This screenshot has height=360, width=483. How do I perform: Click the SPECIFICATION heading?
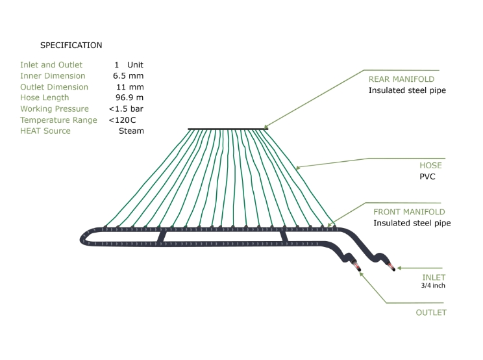pyautogui.click(x=71, y=45)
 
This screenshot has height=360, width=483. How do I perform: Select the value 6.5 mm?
pyautogui.click(x=128, y=76)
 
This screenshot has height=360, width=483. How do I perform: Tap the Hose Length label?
pyautogui.click(x=45, y=97)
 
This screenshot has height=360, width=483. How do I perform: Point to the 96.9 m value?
pyautogui.click(x=129, y=97)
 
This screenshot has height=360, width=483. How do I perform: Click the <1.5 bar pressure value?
pyautogui.click(x=126, y=109)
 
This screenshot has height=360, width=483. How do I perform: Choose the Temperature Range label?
pyautogui.click(x=58, y=120)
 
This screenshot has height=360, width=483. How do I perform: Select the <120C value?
pyautogui.click(x=122, y=120)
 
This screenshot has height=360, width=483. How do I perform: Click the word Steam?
pyautogui.click(x=131, y=131)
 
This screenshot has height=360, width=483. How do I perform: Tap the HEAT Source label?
pyautogui.click(x=45, y=131)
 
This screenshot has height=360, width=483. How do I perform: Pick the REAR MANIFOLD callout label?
pyautogui.click(x=401, y=79)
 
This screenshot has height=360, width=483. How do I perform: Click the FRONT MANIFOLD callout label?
pyautogui.click(x=409, y=212)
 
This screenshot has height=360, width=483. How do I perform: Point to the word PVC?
pyautogui.click(x=427, y=177)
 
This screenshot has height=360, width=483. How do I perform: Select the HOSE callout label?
pyautogui.click(x=430, y=166)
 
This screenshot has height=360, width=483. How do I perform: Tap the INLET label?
pyautogui.click(x=434, y=277)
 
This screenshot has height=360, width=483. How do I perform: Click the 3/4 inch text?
pyautogui.click(x=433, y=286)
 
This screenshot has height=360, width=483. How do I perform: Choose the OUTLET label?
pyautogui.click(x=431, y=313)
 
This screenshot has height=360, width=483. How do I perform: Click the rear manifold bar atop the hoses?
pyautogui.click(x=228, y=129)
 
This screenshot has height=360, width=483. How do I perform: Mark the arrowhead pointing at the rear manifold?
pyautogui.click(x=266, y=127)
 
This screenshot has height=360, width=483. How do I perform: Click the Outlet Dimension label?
pyautogui.click(x=55, y=87)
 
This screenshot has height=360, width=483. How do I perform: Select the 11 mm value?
pyautogui.click(x=130, y=87)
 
